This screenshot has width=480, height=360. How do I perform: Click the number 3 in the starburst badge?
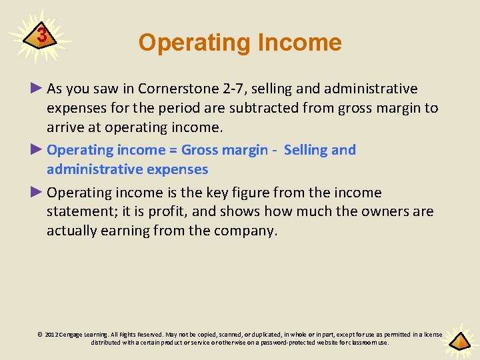(x=42, y=35)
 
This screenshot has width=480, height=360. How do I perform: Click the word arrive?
(x=66, y=127)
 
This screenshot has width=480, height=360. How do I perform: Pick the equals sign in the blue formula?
(x=172, y=150)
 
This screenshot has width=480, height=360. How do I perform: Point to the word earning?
(x=133, y=231)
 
